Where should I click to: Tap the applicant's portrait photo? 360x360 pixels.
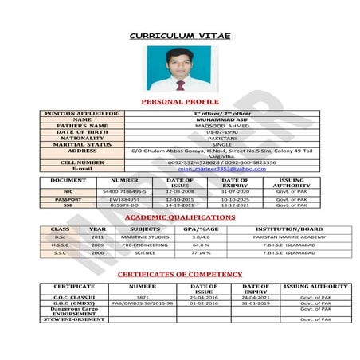point(179,68)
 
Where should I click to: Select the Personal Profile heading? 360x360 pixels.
point(179,103)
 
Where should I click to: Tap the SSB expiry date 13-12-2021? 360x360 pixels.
point(235,205)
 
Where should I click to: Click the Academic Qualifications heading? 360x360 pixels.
point(179,217)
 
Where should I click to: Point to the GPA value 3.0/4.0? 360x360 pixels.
point(201,237)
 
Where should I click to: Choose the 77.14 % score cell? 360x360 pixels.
point(201,252)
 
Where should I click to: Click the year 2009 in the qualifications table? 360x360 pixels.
point(97,245)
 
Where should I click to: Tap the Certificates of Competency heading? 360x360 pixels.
point(179,274)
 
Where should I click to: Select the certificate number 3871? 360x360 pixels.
point(143,297)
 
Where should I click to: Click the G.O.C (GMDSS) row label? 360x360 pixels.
point(74,303)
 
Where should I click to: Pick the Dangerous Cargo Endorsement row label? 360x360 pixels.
point(74,311)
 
